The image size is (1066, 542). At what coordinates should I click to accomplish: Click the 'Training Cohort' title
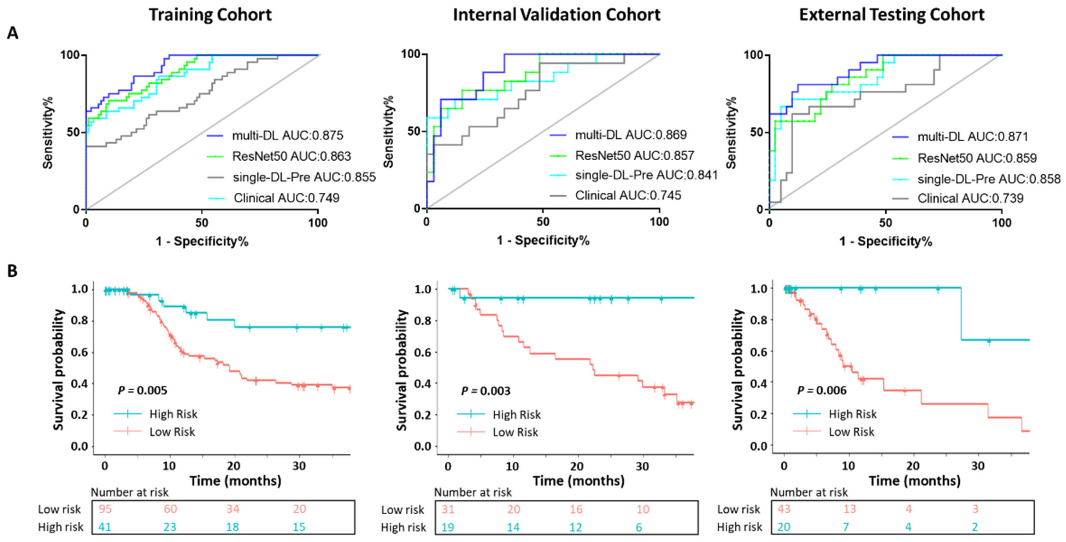pos(210,15)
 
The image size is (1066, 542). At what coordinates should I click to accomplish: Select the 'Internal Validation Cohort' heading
pos(557,15)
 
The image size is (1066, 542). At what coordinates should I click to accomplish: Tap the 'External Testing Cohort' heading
pos(892,15)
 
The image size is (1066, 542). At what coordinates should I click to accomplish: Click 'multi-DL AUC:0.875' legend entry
pos(288,135)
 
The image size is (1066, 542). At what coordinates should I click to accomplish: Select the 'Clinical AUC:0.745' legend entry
pos(628,195)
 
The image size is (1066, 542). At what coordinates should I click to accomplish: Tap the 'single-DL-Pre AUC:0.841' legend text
pos(646,175)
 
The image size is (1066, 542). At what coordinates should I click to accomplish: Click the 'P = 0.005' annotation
pos(143,390)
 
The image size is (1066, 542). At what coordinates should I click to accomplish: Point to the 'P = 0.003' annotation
pos(486,391)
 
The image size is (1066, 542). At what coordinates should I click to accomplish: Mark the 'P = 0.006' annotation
pos(822,390)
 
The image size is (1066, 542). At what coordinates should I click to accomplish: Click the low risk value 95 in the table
pos(105,509)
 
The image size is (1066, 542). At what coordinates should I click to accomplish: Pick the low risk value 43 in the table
pos(784,509)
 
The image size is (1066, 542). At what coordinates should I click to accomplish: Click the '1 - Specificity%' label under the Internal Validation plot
pos(543,240)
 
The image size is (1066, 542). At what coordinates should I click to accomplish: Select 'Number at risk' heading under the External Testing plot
pos(809,492)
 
